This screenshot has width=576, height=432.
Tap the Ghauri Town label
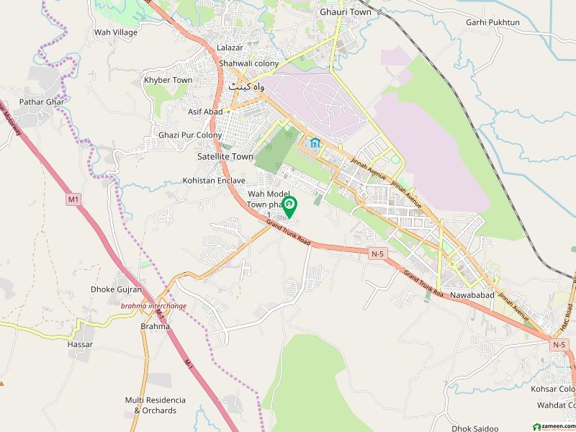click(346, 12)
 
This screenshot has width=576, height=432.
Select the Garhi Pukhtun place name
click(492, 22)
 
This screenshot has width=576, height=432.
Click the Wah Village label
click(116, 32)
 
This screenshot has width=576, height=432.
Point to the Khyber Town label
click(168, 80)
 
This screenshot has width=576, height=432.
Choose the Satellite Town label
click(225, 156)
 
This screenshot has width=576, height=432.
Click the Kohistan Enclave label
click(214, 180)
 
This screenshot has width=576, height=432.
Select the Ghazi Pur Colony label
click(190, 135)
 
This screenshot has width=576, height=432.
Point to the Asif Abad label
click(205, 112)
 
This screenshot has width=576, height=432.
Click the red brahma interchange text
click(153, 306)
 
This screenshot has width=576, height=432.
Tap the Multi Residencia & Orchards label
click(155, 405)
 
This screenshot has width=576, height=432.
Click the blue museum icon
click(315, 143)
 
